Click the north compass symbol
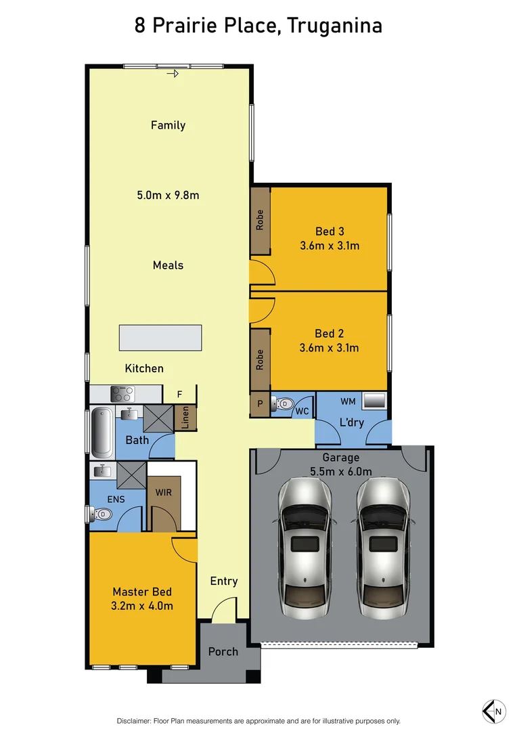pyautogui.click(x=493, y=710)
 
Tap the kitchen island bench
pyautogui.click(x=160, y=338)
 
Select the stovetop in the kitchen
pyautogui.click(x=122, y=393)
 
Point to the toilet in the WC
pyautogui.click(x=282, y=405)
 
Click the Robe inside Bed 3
pyautogui.click(x=260, y=221)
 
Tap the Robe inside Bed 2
pyautogui.click(x=260, y=359)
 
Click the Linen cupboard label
pyautogui.click(x=185, y=418)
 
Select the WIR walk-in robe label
pyautogui.click(x=163, y=492)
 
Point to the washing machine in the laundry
pyautogui.click(x=374, y=401)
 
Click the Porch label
pyautogui.click(x=223, y=651)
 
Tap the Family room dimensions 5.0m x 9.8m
pyautogui.click(x=168, y=196)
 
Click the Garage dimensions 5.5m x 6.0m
pyautogui.click(x=342, y=472)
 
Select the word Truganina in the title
pyautogui.click(x=335, y=26)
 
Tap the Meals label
pyautogui.click(x=168, y=265)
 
